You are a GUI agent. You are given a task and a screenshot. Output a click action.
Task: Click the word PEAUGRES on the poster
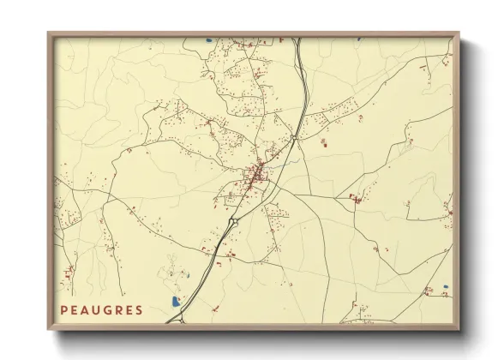pos(101,309)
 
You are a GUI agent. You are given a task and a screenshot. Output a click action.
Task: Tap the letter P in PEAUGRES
pos(63,309)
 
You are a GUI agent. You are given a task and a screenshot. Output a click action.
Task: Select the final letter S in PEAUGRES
pos(139,309)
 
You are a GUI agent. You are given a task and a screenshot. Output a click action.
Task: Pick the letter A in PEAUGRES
pos(85,309)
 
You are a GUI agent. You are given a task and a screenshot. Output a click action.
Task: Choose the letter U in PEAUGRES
pos(95,309)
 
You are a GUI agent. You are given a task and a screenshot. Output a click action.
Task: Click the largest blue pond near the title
pos(176,302)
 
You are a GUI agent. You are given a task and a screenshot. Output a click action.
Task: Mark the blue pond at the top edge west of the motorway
pos(208,39)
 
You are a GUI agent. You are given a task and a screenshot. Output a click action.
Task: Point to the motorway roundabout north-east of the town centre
pos(293,137)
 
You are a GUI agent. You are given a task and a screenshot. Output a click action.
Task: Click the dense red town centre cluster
pos(255,177)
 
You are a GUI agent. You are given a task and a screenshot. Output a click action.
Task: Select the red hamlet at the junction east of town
pos(354,199)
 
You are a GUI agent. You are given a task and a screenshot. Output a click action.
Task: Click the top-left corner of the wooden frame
pos(49,33)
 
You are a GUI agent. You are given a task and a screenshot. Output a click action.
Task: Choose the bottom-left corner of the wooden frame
pos(49,329)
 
